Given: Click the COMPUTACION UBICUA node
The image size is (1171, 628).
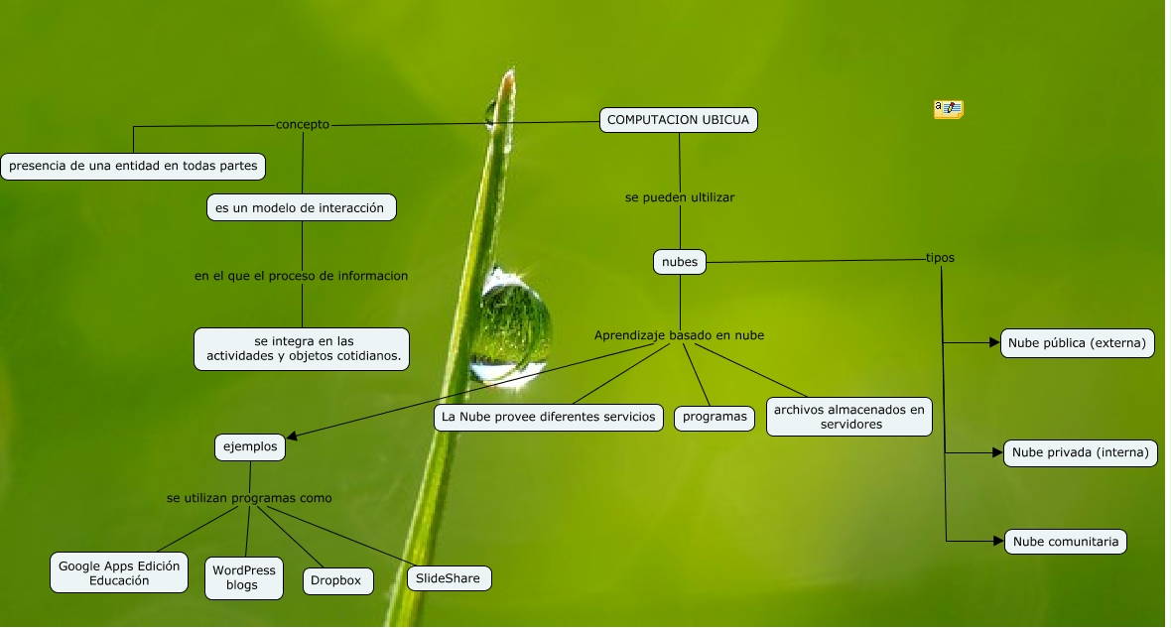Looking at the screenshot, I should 679,120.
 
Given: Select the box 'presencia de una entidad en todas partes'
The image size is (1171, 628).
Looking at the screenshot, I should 133,166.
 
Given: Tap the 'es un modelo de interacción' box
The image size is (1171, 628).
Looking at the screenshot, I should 300,207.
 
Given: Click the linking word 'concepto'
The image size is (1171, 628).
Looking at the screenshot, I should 303,125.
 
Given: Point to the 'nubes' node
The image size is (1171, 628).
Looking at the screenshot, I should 680,262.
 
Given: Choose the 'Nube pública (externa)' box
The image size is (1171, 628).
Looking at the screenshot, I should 1077,343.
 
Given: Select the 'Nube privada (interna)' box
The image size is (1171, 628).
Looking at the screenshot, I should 1080,453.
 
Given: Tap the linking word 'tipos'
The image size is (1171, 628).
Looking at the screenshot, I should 940,258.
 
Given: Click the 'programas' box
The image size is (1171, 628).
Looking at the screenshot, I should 715,417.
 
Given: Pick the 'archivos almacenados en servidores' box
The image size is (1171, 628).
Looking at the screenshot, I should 848,417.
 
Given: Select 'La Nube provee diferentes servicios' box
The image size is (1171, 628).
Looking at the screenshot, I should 549,417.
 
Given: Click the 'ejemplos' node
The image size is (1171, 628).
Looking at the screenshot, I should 250,447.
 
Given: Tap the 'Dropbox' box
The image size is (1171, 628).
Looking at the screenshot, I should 337,581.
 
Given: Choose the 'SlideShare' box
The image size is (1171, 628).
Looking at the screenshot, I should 449,577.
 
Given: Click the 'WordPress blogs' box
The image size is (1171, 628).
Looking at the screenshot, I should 242,577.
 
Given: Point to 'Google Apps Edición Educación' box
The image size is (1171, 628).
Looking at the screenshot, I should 119,572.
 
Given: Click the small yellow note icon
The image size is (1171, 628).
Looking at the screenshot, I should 948,109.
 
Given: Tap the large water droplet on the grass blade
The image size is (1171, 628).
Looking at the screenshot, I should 512,325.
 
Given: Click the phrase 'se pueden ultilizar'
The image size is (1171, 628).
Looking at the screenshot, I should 680,197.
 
